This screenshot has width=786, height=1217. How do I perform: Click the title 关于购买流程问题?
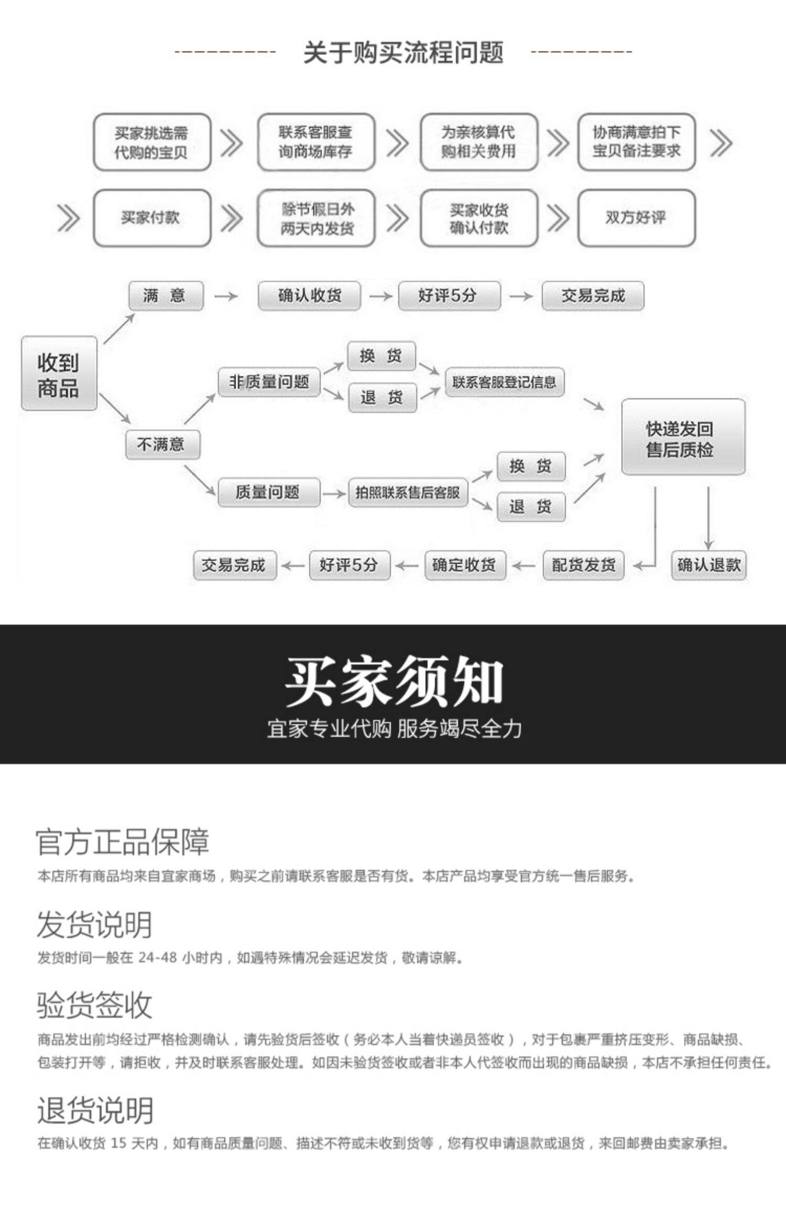[x=403, y=52]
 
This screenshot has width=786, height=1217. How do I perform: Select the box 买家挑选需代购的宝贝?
[x=152, y=142]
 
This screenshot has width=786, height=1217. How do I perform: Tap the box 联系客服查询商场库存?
[x=316, y=142]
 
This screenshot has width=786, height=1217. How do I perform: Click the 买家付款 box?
[x=152, y=218]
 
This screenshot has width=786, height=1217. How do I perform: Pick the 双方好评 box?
[x=636, y=218]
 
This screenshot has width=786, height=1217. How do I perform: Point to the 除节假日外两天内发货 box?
[x=316, y=218]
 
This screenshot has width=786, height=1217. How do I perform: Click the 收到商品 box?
[x=59, y=374]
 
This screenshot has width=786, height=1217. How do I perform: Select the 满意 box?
[x=166, y=296]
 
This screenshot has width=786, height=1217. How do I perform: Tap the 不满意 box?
[x=162, y=444]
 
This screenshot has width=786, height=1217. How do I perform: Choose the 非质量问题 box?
[x=269, y=382]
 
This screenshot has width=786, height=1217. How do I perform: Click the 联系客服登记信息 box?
[x=504, y=382]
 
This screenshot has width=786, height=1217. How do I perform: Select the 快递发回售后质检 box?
[x=682, y=438]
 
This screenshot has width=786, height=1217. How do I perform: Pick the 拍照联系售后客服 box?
[x=408, y=493]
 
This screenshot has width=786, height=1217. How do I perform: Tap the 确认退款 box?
[x=708, y=565]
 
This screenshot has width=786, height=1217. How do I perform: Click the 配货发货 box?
[x=583, y=565]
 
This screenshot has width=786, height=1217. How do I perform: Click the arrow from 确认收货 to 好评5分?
[x=380, y=297]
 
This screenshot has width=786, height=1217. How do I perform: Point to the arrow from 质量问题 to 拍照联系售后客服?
[x=334, y=494]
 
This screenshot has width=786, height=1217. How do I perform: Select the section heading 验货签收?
[x=94, y=1005]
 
